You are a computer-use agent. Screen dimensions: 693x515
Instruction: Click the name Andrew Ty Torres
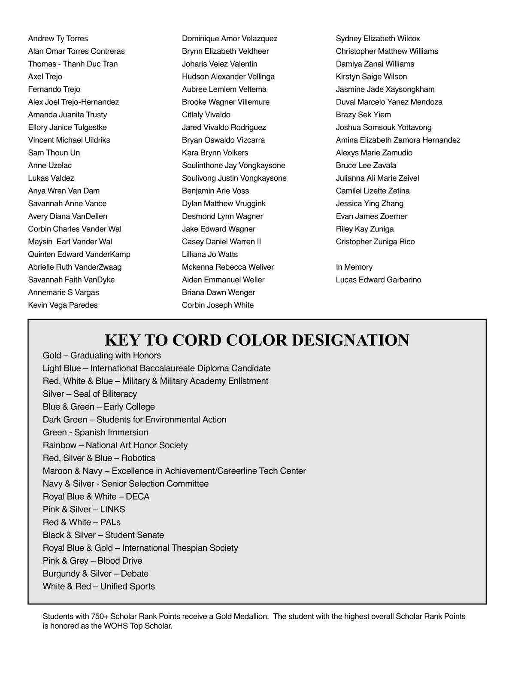[x=58, y=39]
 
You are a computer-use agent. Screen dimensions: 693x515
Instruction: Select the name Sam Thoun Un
[x=54, y=153]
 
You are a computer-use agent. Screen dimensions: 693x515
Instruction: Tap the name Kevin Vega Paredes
[x=63, y=305]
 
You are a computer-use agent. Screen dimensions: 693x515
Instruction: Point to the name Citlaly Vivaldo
[x=206, y=115]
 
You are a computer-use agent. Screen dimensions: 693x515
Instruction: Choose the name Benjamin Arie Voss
[x=215, y=191]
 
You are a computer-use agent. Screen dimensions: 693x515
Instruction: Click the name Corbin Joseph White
[x=218, y=305]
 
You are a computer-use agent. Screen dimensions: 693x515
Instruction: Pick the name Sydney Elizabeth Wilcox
[x=378, y=39]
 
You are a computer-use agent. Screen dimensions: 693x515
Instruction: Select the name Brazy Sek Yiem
[x=363, y=115]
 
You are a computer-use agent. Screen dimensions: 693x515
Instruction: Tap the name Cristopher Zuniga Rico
[x=375, y=242]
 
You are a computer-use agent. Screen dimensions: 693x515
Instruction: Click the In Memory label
[x=354, y=267]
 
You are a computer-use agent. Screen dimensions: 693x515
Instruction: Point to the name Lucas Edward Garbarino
[x=379, y=280]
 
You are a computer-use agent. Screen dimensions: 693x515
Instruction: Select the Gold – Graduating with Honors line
[x=102, y=356]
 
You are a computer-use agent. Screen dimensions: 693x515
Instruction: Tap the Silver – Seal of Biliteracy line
[x=90, y=394]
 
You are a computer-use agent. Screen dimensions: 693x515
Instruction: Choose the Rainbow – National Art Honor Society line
[x=115, y=445]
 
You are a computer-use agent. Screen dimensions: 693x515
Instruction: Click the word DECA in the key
[x=138, y=497]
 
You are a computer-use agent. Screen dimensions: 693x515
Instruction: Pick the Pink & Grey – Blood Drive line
[x=92, y=561]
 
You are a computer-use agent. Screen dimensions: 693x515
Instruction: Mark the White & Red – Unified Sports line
[x=99, y=587]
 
